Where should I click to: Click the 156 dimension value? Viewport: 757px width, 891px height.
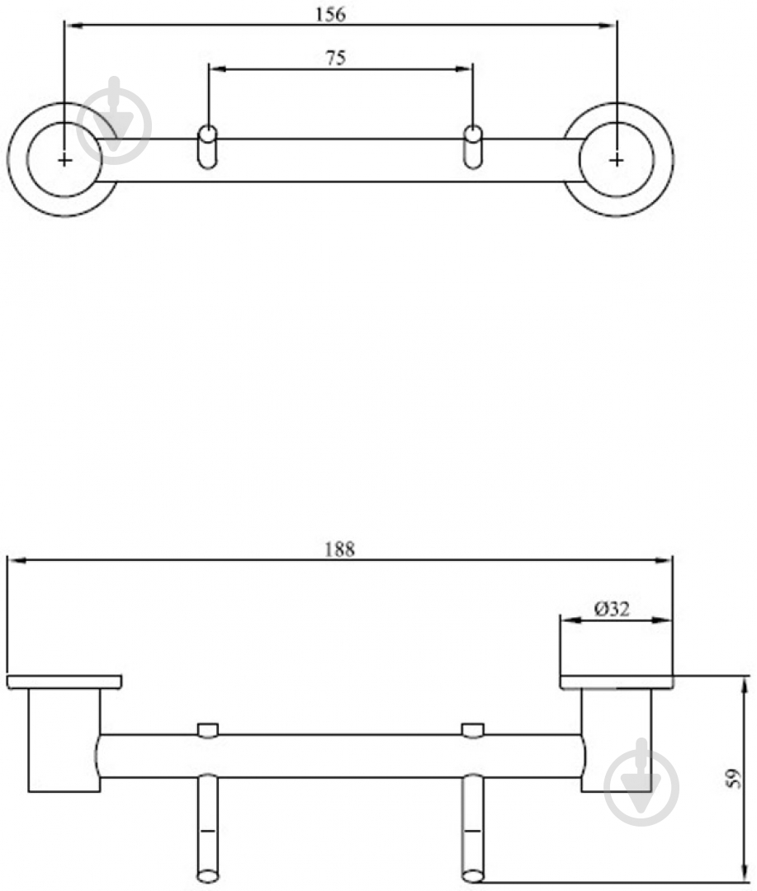pyautogui.click(x=330, y=14)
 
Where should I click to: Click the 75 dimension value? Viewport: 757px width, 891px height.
pyautogui.click(x=335, y=58)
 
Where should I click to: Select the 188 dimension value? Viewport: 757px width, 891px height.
pyautogui.click(x=339, y=549)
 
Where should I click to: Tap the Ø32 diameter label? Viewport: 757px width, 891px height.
pyautogui.click(x=612, y=609)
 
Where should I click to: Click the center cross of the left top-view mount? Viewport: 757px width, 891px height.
pyautogui.click(x=65, y=160)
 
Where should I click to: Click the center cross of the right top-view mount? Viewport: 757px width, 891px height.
pyautogui.click(x=617, y=160)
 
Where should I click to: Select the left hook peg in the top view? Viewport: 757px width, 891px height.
pyautogui.click(x=207, y=147)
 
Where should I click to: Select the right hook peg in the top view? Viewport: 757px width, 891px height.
pyautogui.click(x=473, y=147)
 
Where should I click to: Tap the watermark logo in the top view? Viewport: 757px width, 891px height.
pyautogui.click(x=115, y=120)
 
